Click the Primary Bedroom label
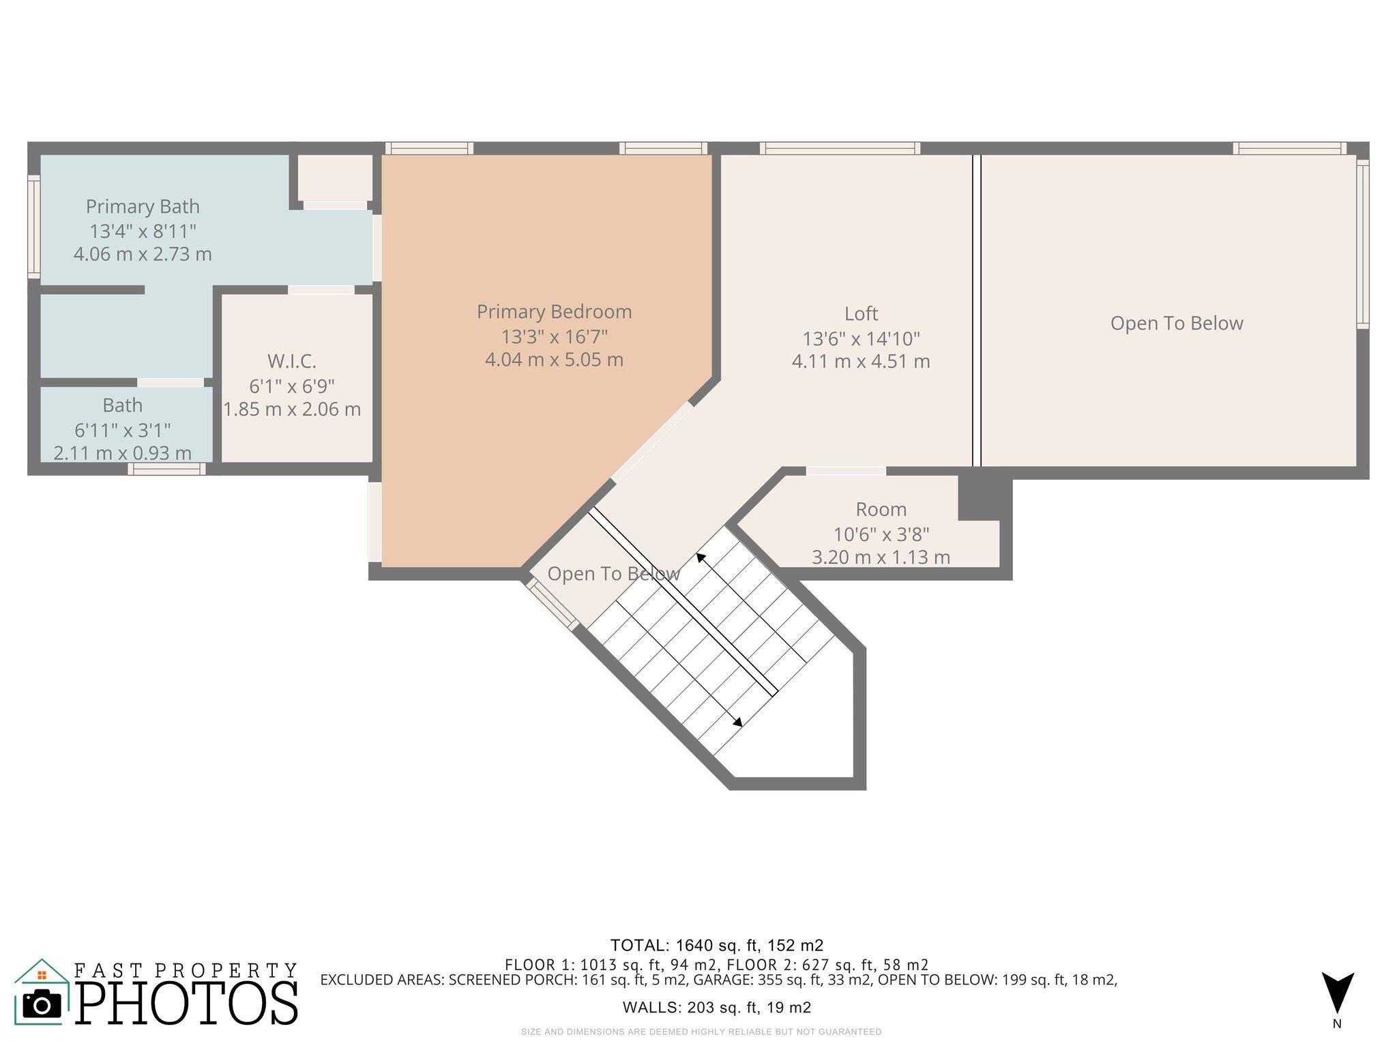554,312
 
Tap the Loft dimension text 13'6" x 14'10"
861,338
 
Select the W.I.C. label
292,361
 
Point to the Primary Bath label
143,206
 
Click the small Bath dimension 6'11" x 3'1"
123,430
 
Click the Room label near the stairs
881,510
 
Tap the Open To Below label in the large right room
1176,323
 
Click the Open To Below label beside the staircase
613,574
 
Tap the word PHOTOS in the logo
186,1002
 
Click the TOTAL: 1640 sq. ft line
716,946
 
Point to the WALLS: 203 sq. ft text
716,1008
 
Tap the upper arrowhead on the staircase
701,557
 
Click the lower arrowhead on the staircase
737,721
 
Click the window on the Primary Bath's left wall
33,227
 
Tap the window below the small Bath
166,469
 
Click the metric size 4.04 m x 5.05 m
554,360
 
